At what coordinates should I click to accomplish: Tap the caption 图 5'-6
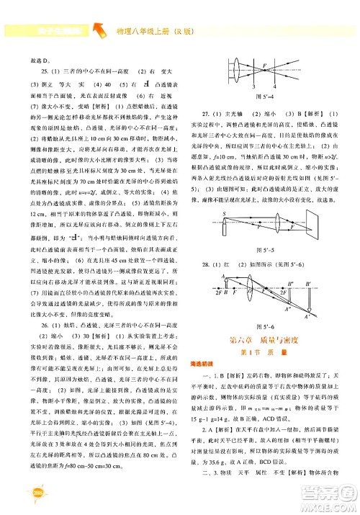(x=266, y=328)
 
